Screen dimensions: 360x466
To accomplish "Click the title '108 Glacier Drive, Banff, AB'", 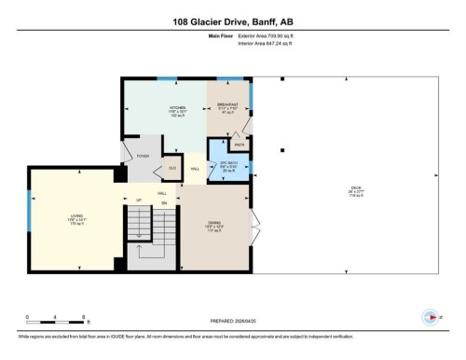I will (x=232, y=20).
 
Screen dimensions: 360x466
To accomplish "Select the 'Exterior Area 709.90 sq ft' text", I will (x=263, y=43).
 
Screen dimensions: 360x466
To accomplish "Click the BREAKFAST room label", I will (x=229, y=106).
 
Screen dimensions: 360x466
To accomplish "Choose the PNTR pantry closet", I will (x=240, y=145).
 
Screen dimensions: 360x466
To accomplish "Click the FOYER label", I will (x=144, y=157).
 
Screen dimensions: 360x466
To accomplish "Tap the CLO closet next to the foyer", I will (x=171, y=168).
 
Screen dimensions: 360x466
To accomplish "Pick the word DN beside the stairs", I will (x=163, y=202).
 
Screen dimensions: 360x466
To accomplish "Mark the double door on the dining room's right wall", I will (x=255, y=224).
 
